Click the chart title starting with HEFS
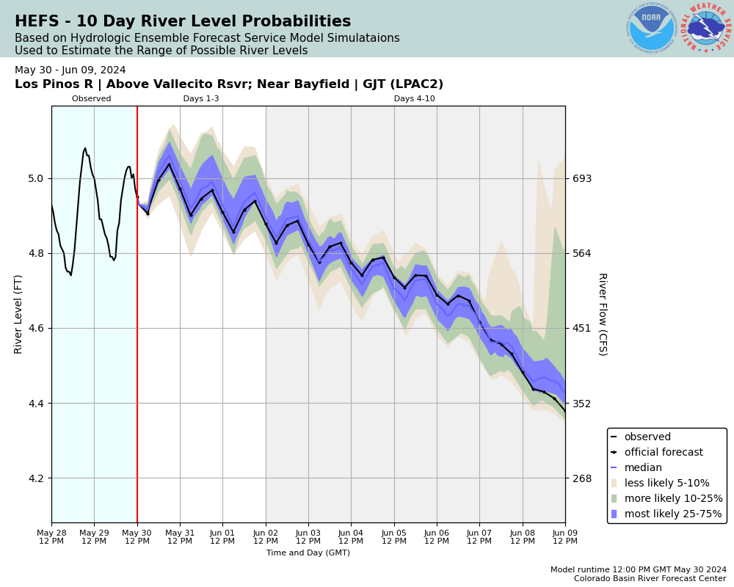click(x=183, y=22)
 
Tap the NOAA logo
click(x=651, y=29)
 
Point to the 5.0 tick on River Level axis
click(x=34, y=178)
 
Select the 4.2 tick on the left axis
click(x=34, y=478)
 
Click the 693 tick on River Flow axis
click(x=582, y=178)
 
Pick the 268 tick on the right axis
click(x=582, y=478)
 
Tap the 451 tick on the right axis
click(x=582, y=328)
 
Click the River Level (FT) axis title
click(x=19, y=314)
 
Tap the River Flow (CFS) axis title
click(x=602, y=314)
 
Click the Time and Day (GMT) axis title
click(x=308, y=553)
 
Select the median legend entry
click(x=642, y=468)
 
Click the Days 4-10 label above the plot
click(x=414, y=99)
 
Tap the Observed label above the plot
click(x=92, y=99)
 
